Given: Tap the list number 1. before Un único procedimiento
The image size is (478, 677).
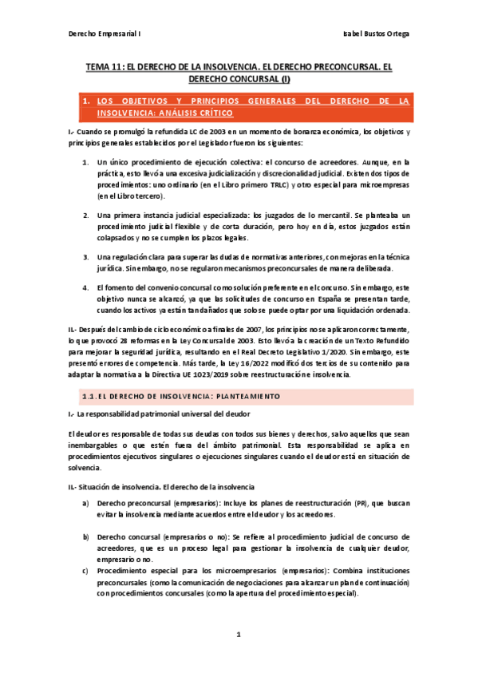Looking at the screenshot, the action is click(86, 162).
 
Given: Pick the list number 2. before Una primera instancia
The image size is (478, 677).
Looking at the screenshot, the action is click(86, 216).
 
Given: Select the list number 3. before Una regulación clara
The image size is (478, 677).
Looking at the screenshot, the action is click(86, 257).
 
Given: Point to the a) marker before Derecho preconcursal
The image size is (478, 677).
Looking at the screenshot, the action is click(86, 503).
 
